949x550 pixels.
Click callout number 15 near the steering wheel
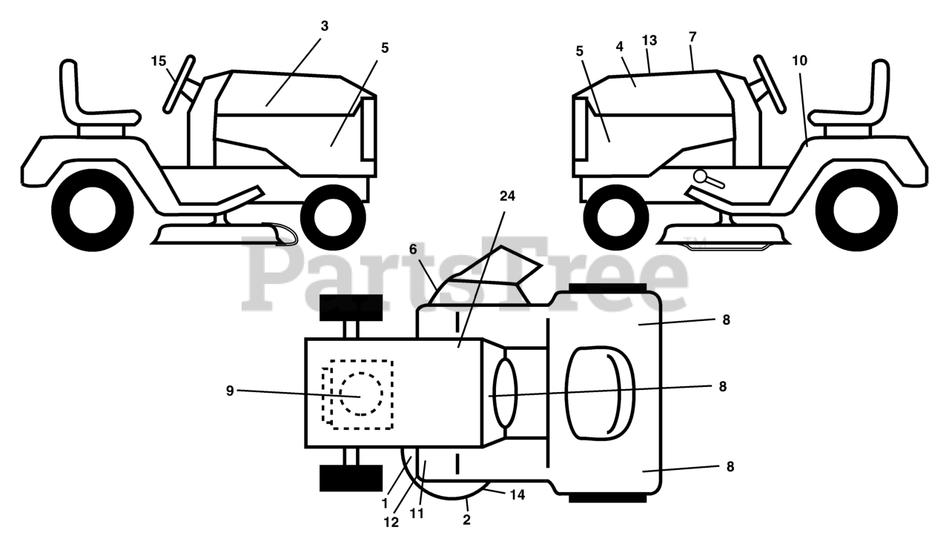coord(159,62)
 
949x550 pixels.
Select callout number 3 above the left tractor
coord(324,26)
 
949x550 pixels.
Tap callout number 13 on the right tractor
coord(649,41)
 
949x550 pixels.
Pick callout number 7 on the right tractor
coord(692,36)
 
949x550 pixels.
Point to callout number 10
coord(798,60)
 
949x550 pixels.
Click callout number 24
coord(507,196)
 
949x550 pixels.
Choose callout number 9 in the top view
coord(230,391)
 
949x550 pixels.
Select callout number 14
coord(518,494)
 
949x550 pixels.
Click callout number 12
coord(391,522)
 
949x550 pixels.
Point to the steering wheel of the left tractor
coord(179,84)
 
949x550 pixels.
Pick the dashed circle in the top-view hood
coord(361,394)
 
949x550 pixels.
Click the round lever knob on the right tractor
coord(701,176)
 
